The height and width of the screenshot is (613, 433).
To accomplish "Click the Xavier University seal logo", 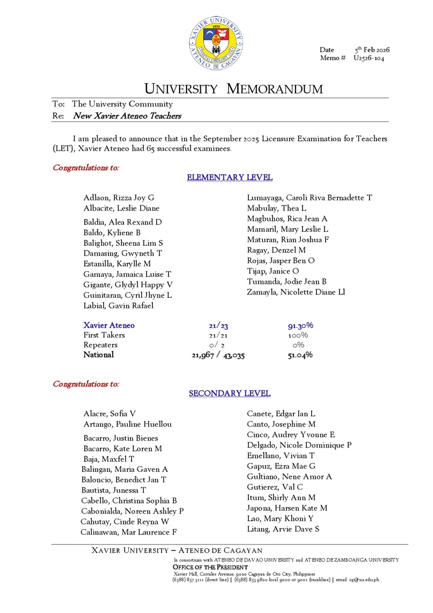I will pyautogui.click(x=216, y=43).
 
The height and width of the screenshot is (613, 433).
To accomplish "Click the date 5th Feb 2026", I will pyautogui.click(x=372, y=50).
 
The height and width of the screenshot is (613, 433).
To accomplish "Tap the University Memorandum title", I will pyautogui.click(x=233, y=89).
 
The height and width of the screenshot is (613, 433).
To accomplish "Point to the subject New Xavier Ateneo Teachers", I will pyautogui.click(x=127, y=116).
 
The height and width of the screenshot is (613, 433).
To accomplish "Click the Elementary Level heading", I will pyautogui.click(x=230, y=178).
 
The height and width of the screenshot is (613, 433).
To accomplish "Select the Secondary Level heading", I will pyautogui.click(x=230, y=393).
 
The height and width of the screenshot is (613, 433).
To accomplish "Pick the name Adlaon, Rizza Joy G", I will pyautogui.click(x=119, y=198).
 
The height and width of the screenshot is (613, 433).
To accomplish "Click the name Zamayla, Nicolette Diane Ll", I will pyautogui.click(x=296, y=292).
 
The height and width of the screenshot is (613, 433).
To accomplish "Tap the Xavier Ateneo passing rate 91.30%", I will pyautogui.click(x=300, y=326).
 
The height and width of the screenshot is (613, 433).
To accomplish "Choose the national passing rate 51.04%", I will pyautogui.click(x=300, y=354).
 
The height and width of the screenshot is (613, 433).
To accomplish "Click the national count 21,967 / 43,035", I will pyautogui.click(x=218, y=355).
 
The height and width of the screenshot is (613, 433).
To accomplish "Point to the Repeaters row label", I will pyautogui.click(x=100, y=345).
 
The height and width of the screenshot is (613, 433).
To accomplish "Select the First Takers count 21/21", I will pyautogui.click(x=219, y=335).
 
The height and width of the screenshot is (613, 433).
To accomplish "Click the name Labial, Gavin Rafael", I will pyautogui.click(x=118, y=305).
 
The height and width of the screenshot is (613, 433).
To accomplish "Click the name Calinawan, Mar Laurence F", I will pyautogui.click(x=129, y=532).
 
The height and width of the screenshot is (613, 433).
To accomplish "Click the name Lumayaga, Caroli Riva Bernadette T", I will pyautogui.click(x=309, y=198).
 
